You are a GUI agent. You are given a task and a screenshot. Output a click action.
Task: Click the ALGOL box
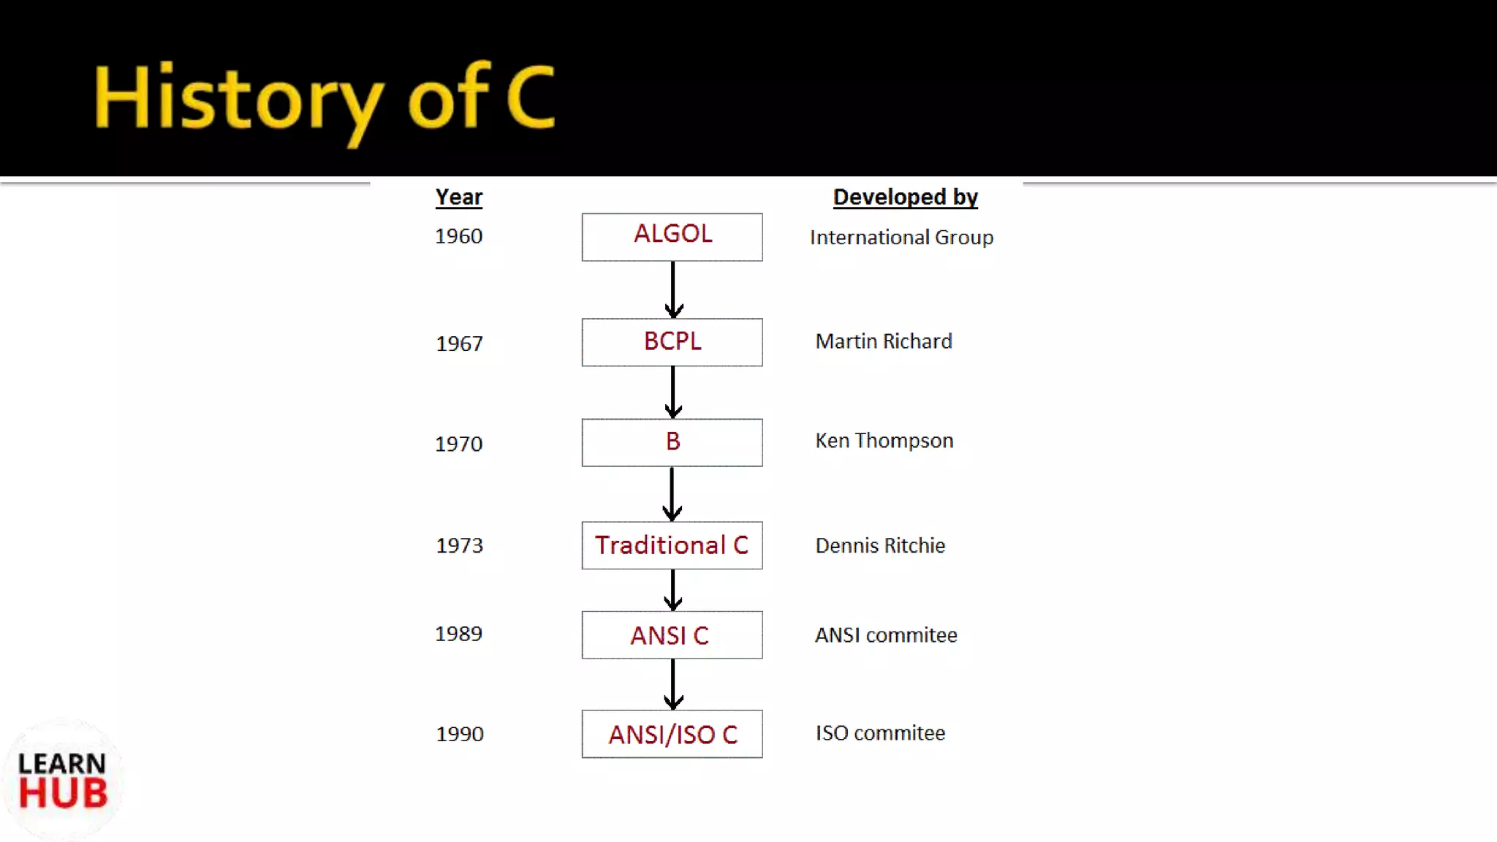[x=672, y=237]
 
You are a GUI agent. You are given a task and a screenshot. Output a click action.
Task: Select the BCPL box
[x=672, y=342]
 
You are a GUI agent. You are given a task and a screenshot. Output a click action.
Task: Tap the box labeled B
[x=672, y=442]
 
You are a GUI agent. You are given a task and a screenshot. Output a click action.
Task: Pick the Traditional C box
[x=672, y=545]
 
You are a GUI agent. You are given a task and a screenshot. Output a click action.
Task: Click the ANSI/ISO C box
[x=672, y=734]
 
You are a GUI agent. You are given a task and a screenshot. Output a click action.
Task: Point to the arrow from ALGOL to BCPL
[x=673, y=289]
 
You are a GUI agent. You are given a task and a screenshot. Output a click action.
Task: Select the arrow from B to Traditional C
[x=672, y=494]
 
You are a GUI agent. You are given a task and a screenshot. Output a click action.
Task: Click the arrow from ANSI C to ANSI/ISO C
[x=673, y=684]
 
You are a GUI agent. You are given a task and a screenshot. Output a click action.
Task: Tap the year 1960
[x=458, y=237]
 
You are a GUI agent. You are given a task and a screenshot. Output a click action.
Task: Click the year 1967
[x=459, y=344]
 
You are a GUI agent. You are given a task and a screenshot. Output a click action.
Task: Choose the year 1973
[x=459, y=545]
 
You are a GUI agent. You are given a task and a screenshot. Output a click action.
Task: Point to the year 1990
[x=459, y=734]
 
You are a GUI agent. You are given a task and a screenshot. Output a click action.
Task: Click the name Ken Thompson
[x=884, y=441]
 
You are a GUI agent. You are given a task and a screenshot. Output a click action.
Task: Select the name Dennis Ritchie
[x=880, y=545]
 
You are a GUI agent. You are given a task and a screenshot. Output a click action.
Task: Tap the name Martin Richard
[x=883, y=341]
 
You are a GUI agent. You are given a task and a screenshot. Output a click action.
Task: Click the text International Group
[x=901, y=238]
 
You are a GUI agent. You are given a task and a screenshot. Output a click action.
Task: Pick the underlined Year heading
[x=458, y=197]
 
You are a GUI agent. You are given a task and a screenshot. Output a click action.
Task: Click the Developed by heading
[x=905, y=197]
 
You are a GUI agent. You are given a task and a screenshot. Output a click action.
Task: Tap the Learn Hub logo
[x=63, y=781]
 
